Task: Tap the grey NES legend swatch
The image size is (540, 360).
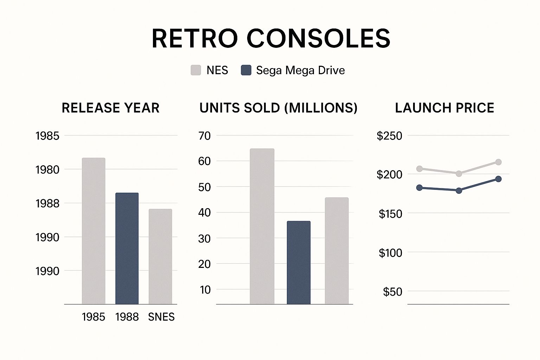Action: (196, 70)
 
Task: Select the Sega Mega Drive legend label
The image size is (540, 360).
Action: (300, 70)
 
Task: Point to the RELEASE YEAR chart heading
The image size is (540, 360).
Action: (110, 108)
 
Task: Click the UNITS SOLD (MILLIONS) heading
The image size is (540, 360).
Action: (278, 108)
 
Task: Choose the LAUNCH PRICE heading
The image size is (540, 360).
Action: (444, 108)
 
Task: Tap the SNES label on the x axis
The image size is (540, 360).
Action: (161, 317)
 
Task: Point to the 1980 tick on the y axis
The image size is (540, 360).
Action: (47, 170)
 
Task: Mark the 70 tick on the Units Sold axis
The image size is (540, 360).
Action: (204, 136)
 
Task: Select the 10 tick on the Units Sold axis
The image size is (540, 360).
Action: (205, 290)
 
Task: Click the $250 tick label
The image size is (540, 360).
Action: (389, 136)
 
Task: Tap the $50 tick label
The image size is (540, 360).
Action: (392, 292)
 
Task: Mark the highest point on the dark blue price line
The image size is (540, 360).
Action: (498, 179)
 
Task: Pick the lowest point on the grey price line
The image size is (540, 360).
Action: (459, 174)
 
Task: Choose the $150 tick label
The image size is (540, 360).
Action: (390, 214)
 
